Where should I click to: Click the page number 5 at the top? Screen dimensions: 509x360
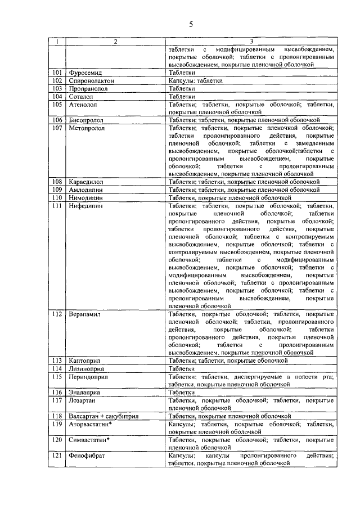tap(191, 24)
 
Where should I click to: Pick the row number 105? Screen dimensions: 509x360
tap(57, 105)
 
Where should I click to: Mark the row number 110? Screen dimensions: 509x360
tap(57, 198)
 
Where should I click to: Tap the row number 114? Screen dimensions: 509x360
tap(57, 368)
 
